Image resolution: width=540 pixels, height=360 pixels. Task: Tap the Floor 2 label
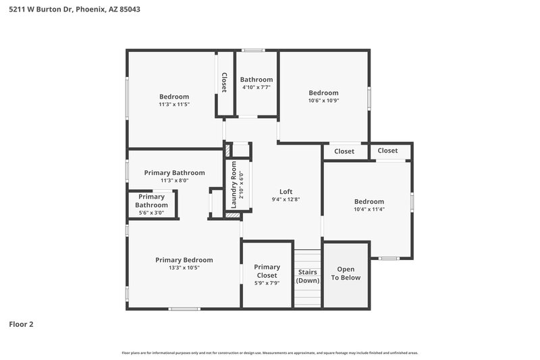point(21,324)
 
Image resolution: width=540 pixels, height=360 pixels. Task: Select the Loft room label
point(286,191)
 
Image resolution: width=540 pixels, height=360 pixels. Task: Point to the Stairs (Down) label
point(308,276)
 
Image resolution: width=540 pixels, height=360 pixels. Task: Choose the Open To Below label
point(345,274)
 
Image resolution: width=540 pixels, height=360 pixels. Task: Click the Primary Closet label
point(267,271)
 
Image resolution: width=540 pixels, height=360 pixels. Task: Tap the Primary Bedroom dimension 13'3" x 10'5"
point(184,268)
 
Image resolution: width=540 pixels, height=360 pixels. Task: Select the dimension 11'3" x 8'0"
point(174,180)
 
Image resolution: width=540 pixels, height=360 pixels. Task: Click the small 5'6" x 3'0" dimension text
point(151,213)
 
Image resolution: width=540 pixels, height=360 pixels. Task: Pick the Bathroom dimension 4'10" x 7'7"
point(256,87)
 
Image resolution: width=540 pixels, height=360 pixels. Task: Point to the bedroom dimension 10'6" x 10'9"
point(323,101)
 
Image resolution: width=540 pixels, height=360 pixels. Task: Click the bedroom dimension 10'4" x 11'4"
point(369,209)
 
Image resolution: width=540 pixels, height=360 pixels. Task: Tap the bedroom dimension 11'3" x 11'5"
point(174,104)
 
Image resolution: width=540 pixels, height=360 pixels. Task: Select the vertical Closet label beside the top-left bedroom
point(224,82)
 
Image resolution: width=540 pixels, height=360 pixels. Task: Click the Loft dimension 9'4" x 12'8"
point(286,199)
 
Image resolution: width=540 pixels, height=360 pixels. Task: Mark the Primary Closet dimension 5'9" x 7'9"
point(267,283)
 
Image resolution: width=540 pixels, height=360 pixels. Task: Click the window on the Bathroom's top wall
point(254,50)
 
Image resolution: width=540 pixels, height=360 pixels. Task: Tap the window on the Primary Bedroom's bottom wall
point(184,309)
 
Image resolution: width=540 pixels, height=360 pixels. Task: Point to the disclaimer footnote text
point(270,353)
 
